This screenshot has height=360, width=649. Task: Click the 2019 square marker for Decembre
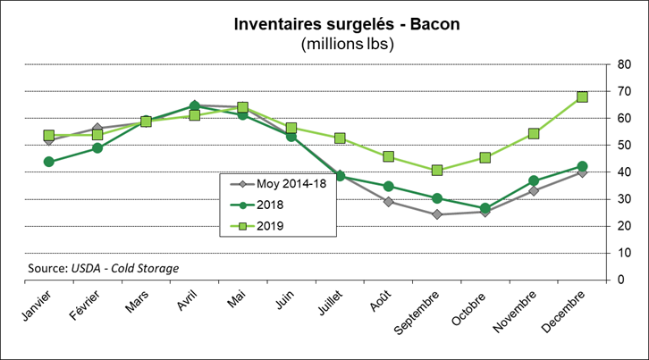tap(582, 96)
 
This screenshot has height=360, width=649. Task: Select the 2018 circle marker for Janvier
tap(48, 162)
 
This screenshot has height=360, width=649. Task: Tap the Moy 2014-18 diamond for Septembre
tap(436, 214)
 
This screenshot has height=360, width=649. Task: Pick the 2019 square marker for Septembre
tap(436, 170)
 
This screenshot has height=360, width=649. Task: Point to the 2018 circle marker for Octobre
tap(485, 208)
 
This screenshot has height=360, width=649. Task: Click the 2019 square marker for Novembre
tap(534, 134)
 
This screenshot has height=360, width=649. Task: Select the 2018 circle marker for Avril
tap(194, 105)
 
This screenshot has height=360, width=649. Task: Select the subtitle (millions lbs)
tap(349, 43)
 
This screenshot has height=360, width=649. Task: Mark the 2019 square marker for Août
tap(388, 156)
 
